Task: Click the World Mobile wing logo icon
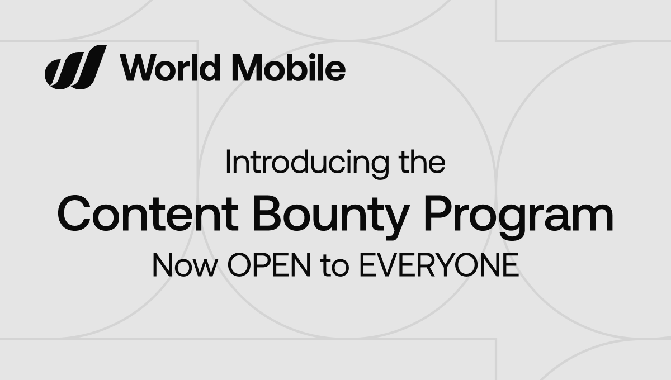pos(75,67)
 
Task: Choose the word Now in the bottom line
pos(184,267)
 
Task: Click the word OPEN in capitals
pos(269,267)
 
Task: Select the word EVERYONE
pos(438,267)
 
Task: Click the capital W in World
pos(136,68)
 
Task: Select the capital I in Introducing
pos(228,163)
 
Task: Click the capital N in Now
pos(163,267)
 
